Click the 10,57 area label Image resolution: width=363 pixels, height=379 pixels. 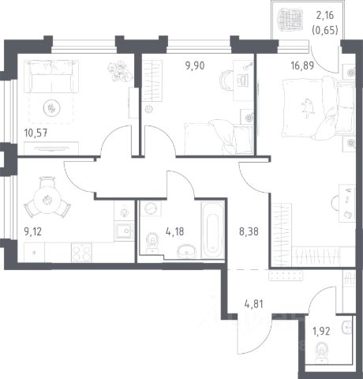[x=36, y=133]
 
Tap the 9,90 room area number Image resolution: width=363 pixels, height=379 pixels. [x=195, y=66]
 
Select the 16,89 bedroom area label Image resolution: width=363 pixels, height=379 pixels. [x=302, y=66]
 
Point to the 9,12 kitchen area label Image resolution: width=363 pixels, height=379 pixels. [x=33, y=232]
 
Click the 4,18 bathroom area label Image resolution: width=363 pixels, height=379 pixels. [x=175, y=232]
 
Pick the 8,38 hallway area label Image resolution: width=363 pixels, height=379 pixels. [x=249, y=232]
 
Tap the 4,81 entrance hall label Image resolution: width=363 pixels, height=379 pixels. [x=253, y=304]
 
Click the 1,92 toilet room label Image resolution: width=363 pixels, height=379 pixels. [x=321, y=332]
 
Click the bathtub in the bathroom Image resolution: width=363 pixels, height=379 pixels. [x=212, y=230]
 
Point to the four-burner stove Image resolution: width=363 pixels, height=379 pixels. [x=81, y=252]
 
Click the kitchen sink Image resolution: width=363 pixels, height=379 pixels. [x=124, y=231]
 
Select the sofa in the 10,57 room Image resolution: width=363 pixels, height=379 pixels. [x=51, y=77]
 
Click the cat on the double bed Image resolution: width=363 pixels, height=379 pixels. [x=308, y=107]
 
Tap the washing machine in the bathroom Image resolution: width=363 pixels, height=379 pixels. [x=151, y=208]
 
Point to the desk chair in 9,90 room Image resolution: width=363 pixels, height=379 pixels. [x=226, y=81]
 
